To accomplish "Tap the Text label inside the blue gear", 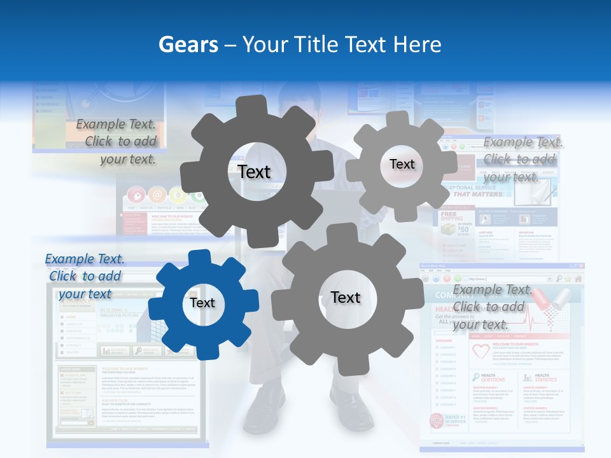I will tap(202, 303).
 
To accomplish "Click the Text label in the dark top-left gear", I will tap(254, 172).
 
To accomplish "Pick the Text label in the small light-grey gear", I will tap(402, 164).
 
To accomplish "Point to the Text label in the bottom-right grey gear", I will tap(346, 298).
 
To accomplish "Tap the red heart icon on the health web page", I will tap(480, 351).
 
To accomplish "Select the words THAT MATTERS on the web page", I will tap(479, 194).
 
